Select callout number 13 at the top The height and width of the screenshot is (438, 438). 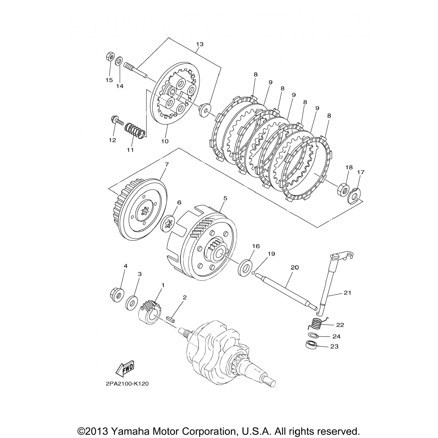coord(200,44)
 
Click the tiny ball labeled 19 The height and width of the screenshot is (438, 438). coord(254,274)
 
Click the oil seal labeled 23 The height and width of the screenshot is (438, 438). coord(312,345)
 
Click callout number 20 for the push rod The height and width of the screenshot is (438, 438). coord(295,267)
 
